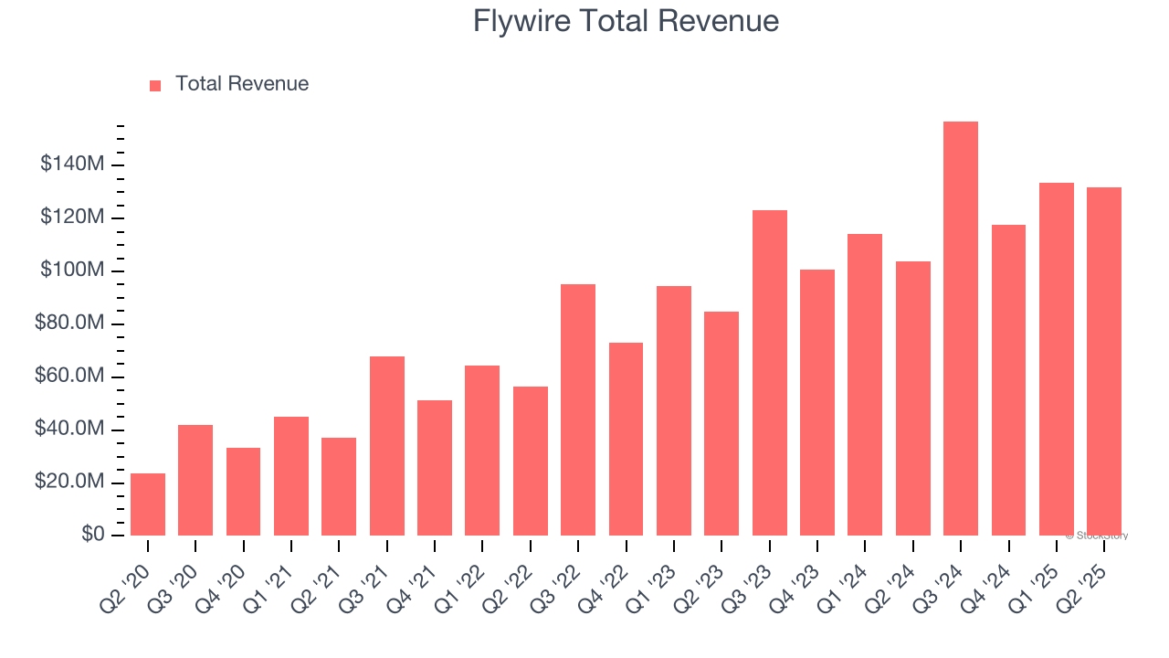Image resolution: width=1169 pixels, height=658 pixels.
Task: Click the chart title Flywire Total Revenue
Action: [626, 21]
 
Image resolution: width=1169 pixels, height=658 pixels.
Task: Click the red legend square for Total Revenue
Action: [155, 85]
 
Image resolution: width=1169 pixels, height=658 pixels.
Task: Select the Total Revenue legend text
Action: [242, 84]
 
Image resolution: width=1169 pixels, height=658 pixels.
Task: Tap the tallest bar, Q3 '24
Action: [961, 329]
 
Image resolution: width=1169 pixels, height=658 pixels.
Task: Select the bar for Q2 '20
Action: [148, 504]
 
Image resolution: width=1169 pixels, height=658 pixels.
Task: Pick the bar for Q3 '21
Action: [387, 446]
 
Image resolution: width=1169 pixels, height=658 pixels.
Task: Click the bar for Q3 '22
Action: [578, 409]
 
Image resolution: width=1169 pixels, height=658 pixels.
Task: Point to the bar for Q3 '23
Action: [770, 373]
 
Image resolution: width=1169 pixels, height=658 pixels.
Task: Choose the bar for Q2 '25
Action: [1104, 361]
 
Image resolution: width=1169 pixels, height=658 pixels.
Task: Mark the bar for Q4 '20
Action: [244, 492]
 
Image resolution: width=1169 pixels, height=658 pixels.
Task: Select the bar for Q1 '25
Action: [1057, 359]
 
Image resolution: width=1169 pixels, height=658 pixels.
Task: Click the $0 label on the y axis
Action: [92, 534]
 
